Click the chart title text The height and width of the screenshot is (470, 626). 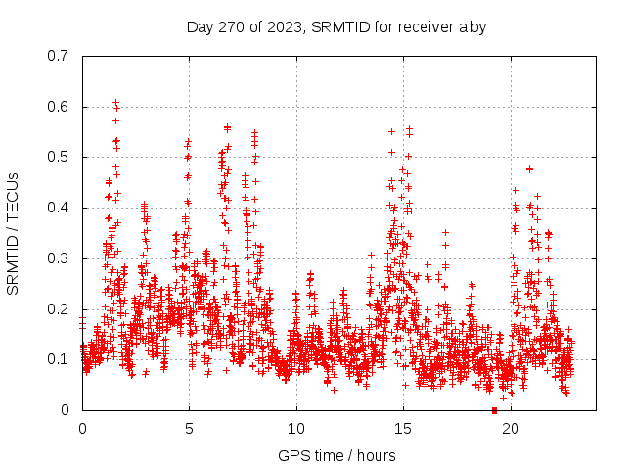coord(336,26)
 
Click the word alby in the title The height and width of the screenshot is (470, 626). coord(471,26)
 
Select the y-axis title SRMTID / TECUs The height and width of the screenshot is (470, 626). coord(13,233)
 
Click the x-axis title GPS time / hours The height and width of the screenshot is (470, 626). coord(336,455)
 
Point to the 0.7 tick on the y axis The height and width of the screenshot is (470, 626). coord(58,56)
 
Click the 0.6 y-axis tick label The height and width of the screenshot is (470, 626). coord(58,107)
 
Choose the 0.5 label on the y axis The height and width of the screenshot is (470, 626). coord(58,157)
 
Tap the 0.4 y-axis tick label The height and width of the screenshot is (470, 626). coord(58,208)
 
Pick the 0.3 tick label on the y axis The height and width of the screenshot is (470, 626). coord(58,258)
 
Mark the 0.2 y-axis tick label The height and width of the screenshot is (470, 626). coord(58,308)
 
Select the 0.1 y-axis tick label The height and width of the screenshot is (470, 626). coord(58,359)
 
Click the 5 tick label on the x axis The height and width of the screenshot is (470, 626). coord(189,428)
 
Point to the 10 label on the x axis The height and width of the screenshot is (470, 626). coord(296,428)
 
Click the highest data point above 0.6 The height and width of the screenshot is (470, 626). coord(115,102)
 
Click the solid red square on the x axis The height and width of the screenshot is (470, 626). coord(494,410)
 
